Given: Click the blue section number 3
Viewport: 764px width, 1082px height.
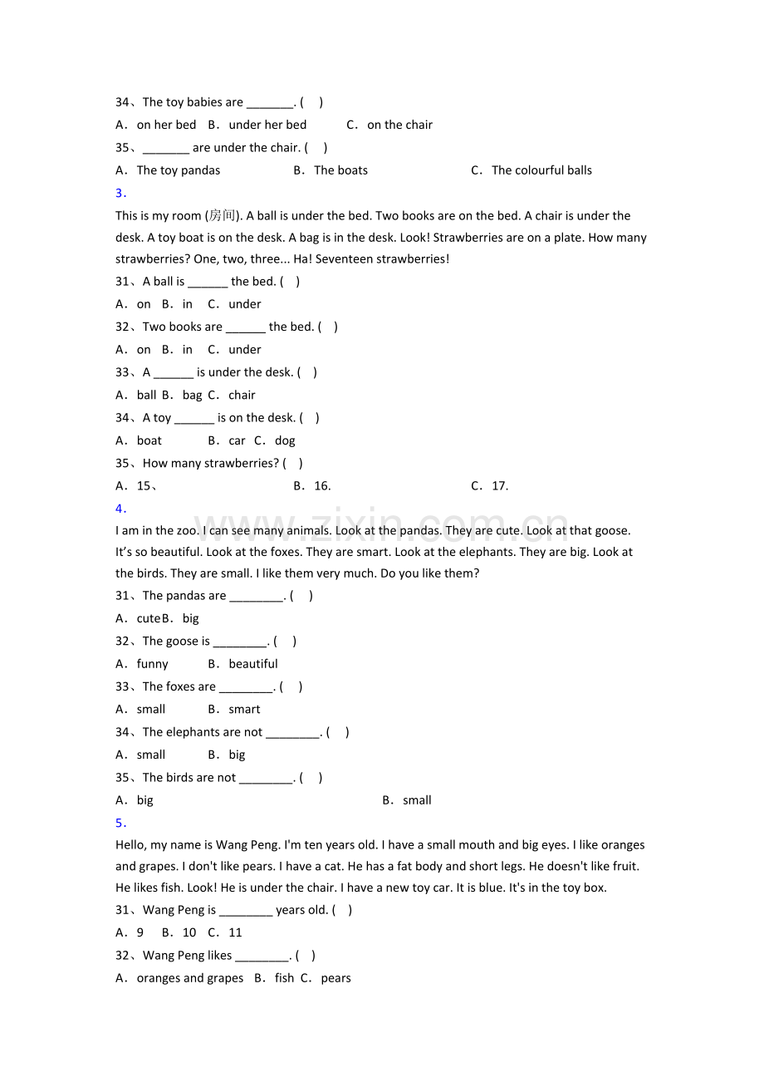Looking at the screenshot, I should [120, 194].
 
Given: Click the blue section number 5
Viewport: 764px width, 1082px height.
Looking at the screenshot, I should [120, 823].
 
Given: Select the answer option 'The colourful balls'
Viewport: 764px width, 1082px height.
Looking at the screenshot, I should [541, 170].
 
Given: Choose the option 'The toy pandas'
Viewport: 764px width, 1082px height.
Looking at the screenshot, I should [179, 170].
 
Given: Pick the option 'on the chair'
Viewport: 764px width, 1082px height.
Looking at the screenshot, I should [399, 125].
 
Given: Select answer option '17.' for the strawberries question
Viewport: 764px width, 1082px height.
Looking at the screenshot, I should [499, 486].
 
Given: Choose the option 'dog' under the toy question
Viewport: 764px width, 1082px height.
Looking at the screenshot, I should [285, 440].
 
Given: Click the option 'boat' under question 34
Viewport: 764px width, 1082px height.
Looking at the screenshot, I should [149, 440].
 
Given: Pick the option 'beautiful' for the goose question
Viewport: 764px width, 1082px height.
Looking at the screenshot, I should [253, 664].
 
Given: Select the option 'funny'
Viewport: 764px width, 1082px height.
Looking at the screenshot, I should [153, 664].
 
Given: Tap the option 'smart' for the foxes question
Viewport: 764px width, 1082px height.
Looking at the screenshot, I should [244, 710].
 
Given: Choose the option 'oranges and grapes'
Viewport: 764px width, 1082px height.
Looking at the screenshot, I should [190, 978].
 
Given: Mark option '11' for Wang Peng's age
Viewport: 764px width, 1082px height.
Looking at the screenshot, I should [235, 932].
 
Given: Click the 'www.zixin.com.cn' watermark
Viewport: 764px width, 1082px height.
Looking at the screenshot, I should [382, 524].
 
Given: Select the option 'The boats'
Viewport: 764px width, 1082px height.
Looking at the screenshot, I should [340, 170].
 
